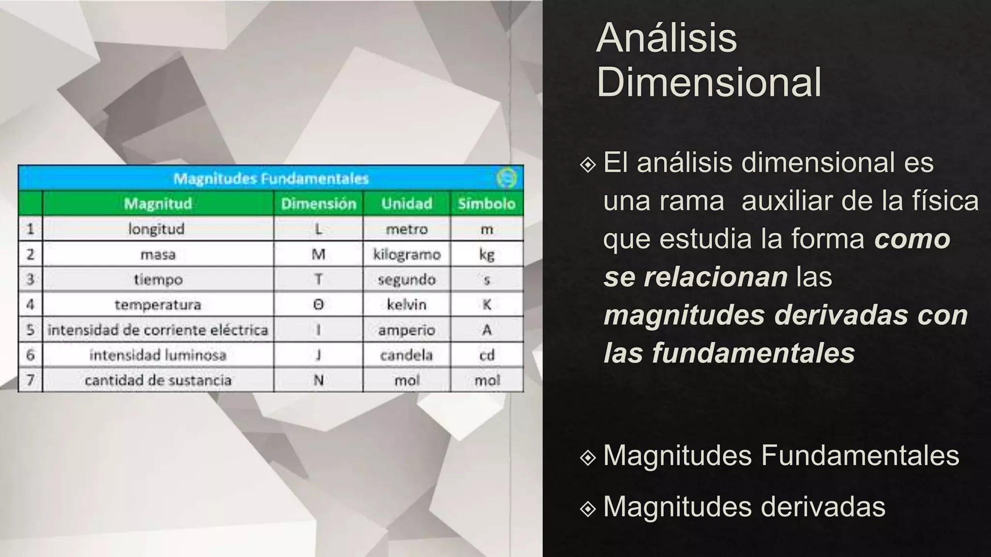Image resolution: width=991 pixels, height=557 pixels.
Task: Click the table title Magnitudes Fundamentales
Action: pos(271,179)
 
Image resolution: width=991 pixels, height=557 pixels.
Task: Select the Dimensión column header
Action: pos(318,204)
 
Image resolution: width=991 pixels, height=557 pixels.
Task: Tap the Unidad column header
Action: pos(406,204)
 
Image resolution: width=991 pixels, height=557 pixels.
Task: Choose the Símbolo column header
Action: pos(486,204)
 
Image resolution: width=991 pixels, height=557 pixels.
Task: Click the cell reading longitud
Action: pos(156,229)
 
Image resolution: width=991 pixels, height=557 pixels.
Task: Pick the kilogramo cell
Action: pos(406,254)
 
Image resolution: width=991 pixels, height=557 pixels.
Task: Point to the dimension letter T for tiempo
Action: pos(318,279)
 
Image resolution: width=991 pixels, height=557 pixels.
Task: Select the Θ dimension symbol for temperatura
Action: pos(318,305)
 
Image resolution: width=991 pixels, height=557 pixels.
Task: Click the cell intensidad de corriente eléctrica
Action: pos(158,330)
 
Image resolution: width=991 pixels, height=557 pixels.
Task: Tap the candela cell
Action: pos(406,355)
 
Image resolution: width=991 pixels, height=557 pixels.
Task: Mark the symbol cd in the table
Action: pos(487,355)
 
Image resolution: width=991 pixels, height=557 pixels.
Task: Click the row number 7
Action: pos(30,380)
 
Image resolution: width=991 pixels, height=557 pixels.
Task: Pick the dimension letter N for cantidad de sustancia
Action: pos(318,381)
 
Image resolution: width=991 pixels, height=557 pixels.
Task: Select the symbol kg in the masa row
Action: pos(487,254)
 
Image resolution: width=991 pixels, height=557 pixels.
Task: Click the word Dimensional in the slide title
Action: pos(709,82)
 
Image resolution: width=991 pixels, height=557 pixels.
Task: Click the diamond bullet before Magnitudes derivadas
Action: pos(587,509)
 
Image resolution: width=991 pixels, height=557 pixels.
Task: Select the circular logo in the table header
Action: pos(507,178)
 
